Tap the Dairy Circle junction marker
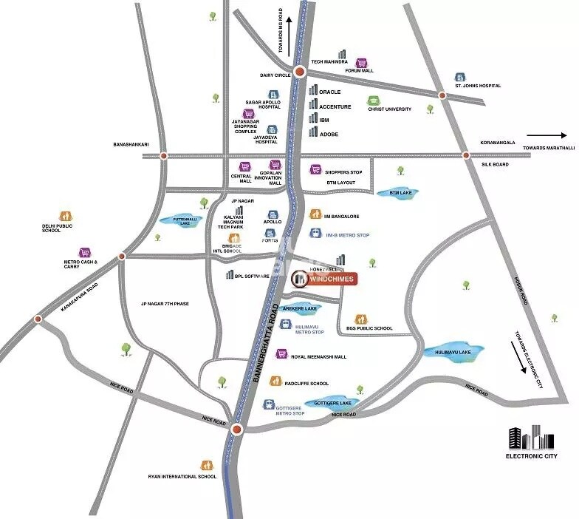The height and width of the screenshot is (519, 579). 299,72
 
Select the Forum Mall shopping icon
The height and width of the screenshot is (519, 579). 361,63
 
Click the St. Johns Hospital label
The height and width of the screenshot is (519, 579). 478,86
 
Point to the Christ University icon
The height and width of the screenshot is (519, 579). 374,101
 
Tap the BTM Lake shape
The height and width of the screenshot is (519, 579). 397,193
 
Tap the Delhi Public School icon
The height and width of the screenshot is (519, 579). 66,216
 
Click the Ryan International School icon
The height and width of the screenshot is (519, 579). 208,465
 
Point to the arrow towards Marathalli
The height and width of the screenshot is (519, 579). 547,135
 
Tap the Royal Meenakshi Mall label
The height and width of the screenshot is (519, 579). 319,356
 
